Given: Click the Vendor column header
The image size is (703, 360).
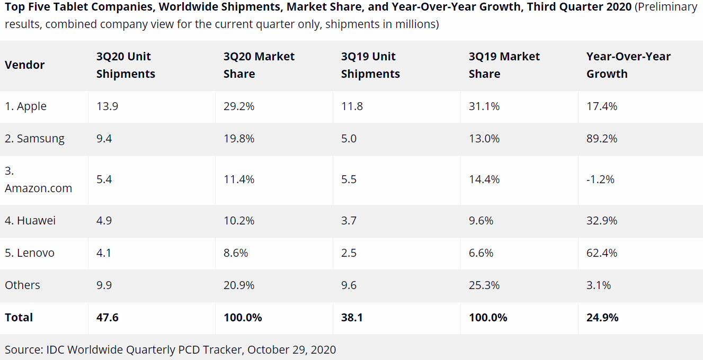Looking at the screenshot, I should coord(24,65).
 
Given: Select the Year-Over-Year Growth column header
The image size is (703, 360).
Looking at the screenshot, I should coord(628,65).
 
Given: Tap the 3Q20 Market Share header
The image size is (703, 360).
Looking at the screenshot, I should coord(259,65).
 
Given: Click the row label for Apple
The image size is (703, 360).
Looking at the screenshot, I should coord(25,106).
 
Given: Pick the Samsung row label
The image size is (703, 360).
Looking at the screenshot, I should coord(34,139).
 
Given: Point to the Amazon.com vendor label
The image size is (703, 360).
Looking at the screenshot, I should coord(38,188).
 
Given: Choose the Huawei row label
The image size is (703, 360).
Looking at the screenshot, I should coord(30,220).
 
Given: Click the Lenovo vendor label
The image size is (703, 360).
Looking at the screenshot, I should coord(30,253).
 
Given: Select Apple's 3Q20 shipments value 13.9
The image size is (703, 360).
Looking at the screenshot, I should coord(107,106).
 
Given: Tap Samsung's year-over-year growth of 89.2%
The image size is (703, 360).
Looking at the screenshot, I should coord(602,139).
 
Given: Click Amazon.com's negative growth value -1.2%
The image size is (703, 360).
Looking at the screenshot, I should coord(600,179).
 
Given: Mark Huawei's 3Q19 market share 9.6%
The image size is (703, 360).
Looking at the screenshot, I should coord(481,220).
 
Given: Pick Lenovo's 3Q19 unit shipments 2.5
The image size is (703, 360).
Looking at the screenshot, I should coord(349,253).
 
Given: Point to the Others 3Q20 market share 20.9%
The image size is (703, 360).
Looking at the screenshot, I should coord(239,285).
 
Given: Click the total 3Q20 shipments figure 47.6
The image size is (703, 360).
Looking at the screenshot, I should coord(107,318).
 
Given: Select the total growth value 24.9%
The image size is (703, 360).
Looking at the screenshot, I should coord(602,318).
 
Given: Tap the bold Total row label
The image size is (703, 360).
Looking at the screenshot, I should coord(19,318).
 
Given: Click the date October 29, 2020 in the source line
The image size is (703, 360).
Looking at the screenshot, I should coord(291,349).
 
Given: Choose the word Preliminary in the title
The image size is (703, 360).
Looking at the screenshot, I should coord(666,7).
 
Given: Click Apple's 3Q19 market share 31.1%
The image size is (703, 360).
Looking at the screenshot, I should coord(484,106).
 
